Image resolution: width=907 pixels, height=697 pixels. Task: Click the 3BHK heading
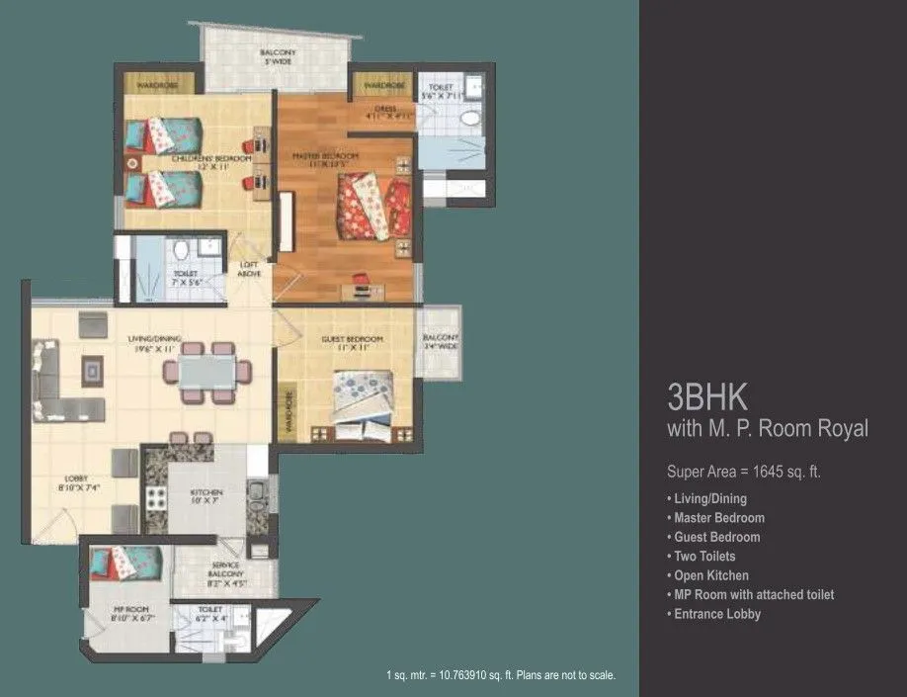click(x=707, y=397)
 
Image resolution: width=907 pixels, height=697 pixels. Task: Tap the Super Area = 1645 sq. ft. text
click(x=744, y=472)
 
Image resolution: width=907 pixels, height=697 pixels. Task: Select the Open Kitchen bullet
click(x=710, y=575)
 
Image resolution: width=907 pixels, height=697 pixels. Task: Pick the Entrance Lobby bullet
click(x=716, y=614)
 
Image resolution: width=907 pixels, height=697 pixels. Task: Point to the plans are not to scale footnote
click(x=501, y=675)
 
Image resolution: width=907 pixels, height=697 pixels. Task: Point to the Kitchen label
click(x=206, y=495)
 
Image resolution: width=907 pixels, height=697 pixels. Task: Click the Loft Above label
click(x=250, y=269)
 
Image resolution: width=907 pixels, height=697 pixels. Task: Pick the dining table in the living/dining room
click(x=206, y=371)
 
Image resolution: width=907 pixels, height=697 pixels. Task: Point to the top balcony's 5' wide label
click(x=278, y=56)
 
